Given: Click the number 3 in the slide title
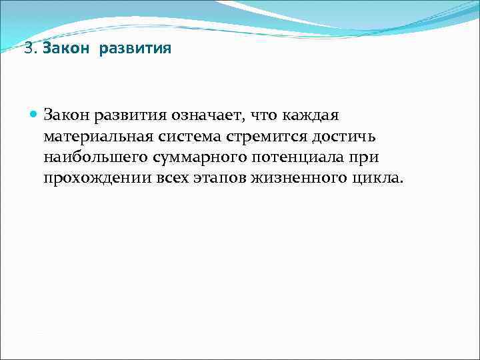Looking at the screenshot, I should (x=27, y=49).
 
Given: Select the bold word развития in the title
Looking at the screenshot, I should (x=137, y=49).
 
